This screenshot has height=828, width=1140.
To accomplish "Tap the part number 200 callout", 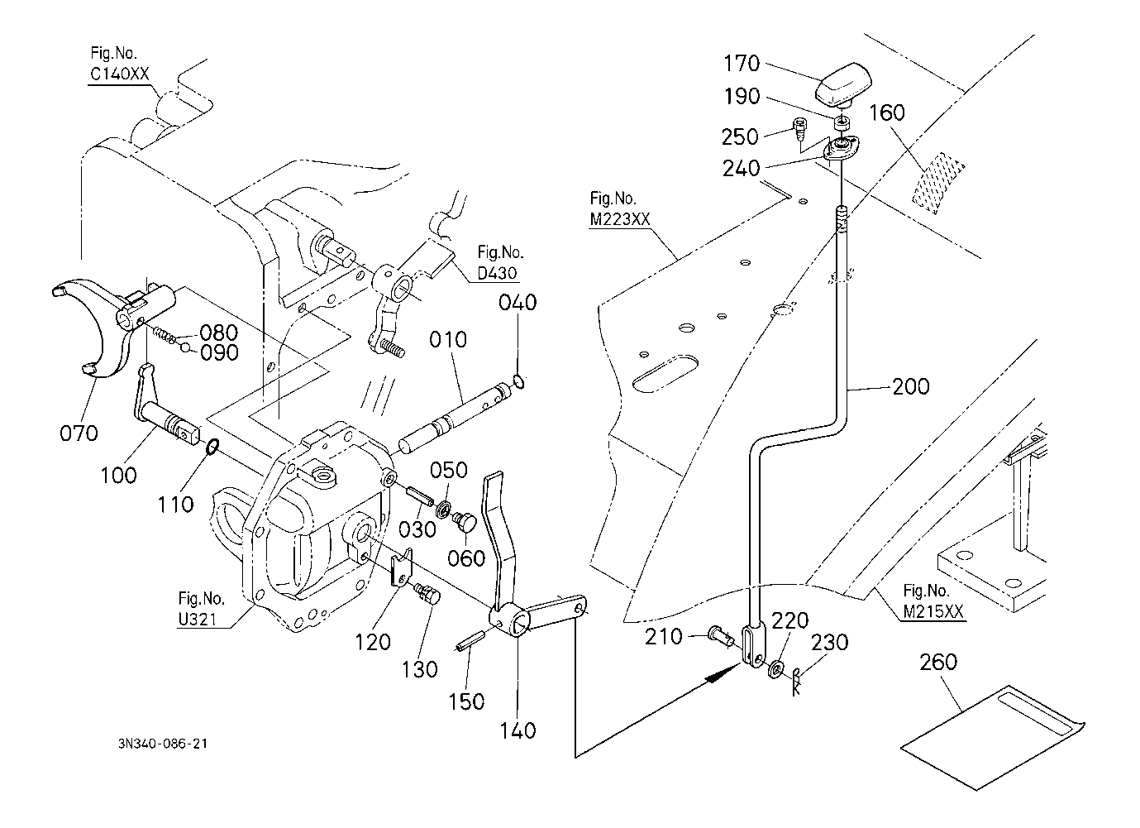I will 910,387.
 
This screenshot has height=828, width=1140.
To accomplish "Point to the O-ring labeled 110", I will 212,447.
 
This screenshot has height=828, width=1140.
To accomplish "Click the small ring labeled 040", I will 518,380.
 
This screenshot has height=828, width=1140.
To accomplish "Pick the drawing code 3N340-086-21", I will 162,744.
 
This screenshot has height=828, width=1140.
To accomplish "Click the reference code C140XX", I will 119,74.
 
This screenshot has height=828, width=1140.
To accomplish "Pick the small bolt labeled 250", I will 799,128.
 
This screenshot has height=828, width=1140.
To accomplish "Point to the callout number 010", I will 448,340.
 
